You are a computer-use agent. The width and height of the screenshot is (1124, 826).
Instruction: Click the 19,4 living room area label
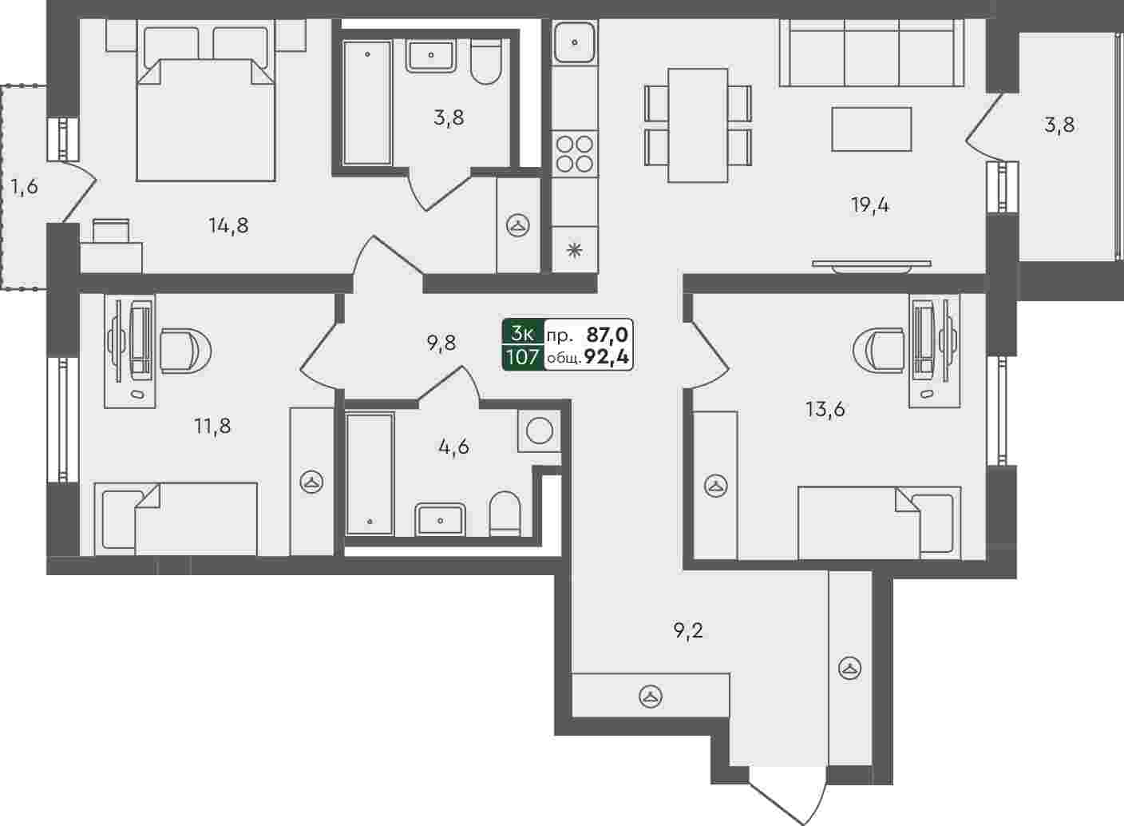click(x=869, y=205)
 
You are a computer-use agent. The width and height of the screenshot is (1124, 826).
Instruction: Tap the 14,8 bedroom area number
click(x=229, y=226)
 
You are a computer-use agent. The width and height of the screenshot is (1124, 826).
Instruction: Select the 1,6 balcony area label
click(x=25, y=187)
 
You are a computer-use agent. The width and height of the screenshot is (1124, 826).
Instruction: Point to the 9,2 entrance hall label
click(x=688, y=631)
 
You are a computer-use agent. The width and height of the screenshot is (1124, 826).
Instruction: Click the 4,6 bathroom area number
click(x=453, y=447)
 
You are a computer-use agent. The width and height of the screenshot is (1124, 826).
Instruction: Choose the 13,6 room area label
click(x=825, y=410)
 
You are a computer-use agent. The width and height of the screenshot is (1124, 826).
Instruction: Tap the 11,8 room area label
click(x=213, y=427)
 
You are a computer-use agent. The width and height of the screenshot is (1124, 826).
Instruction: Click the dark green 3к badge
click(x=523, y=332)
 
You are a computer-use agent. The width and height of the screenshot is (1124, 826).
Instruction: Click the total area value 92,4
click(x=608, y=358)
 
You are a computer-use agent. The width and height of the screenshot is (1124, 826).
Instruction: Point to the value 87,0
click(x=608, y=334)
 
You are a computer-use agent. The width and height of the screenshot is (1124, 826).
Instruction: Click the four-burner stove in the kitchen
click(x=575, y=153)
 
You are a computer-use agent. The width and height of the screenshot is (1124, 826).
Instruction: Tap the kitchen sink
click(x=575, y=42)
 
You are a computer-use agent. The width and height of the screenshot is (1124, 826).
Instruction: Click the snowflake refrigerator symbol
click(x=575, y=250)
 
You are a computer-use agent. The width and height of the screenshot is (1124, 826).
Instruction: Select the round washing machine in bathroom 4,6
click(x=540, y=431)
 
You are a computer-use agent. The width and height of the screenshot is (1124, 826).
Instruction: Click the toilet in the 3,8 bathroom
click(x=487, y=62)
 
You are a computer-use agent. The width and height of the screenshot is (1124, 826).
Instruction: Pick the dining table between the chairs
click(x=698, y=125)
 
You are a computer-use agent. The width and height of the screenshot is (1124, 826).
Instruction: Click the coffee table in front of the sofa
click(x=872, y=129)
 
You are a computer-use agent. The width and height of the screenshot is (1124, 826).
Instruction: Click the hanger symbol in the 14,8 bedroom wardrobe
click(x=518, y=224)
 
